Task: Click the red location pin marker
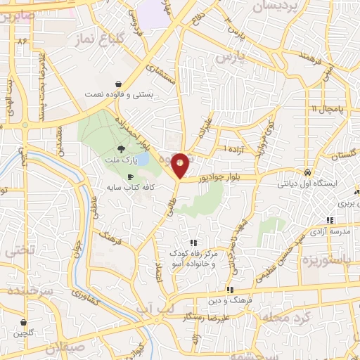coord(181,165)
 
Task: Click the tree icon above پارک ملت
coord(120,148)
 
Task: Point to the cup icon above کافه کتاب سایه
coord(130,176)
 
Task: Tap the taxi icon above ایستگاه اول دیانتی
coord(307,172)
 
